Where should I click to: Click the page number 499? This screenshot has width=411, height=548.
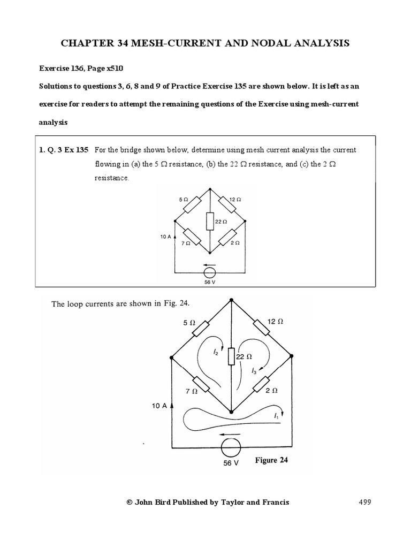[x=364, y=502]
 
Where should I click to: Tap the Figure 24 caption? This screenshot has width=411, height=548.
[x=271, y=460]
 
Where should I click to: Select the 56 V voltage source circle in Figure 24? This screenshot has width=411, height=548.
[x=231, y=445]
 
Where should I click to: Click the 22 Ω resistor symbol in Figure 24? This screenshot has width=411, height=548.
[x=231, y=356]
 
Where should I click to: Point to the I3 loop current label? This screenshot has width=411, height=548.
[x=254, y=369]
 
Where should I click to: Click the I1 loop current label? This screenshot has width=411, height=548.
[x=276, y=415]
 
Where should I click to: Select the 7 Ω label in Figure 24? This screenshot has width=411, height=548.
[x=191, y=391]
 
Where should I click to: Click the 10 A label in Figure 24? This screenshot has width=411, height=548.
[x=159, y=406]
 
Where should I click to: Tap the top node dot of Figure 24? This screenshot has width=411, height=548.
[x=231, y=300]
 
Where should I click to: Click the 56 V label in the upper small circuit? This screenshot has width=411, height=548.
[x=210, y=282]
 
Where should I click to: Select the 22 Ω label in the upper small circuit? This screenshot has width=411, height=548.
[x=221, y=220]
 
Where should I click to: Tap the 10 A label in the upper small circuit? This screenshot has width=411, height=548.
[x=165, y=236]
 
